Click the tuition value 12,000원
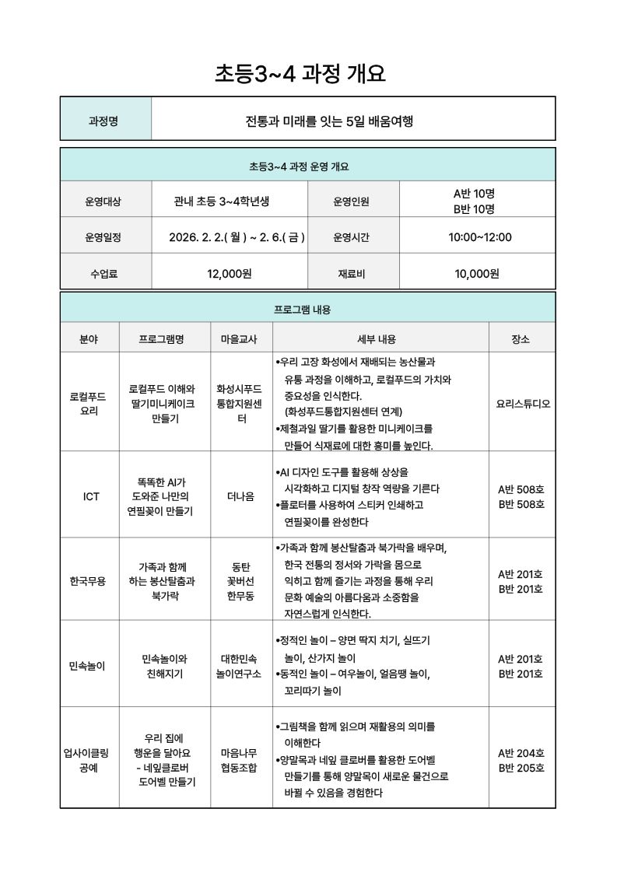pyautogui.click(x=230, y=273)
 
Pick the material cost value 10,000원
pyautogui.click(x=476, y=273)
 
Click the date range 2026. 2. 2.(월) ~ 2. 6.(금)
pyautogui.click(x=237, y=236)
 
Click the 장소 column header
pyautogui.click(x=521, y=339)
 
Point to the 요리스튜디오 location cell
pyautogui.click(x=522, y=404)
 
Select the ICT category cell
pyautogui.click(x=91, y=496)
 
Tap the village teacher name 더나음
pyautogui.click(x=240, y=496)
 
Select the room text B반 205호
pyautogui.click(x=521, y=769)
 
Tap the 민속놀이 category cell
pyautogui.click(x=87, y=666)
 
